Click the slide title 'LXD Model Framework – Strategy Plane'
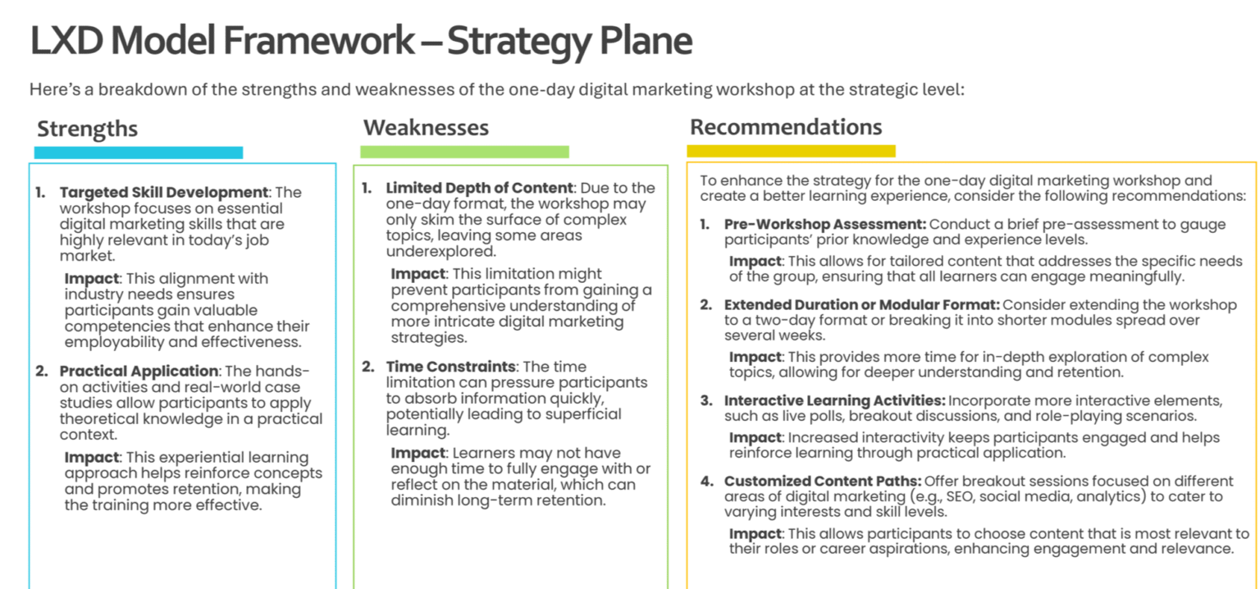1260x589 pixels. pyautogui.click(x=361, y=41)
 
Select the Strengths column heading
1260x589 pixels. pyautogui.click(x=87, y=129)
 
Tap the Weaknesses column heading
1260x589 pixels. pyautogui.click(x=426, y=128)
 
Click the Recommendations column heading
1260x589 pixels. pyautogui.click(x=786, y=127)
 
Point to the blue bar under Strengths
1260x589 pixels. pyautogui.click(x=139, y=153)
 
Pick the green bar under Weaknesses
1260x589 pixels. pyautogui.click(x=464, y=152)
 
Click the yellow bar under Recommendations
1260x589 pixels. pyautogui.click(x=791, y=151)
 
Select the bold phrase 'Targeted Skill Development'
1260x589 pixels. pyautogui.click(x=164, y=193)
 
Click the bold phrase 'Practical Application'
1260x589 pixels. pyautogui.click(x=139, y=372)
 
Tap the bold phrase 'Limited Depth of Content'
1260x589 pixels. pyautogui.click(x=479, y=188)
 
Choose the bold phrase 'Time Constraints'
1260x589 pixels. pyautogui.click(x=450, y=367)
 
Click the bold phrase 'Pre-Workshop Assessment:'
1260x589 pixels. pyautogui.click(x=825, y=224)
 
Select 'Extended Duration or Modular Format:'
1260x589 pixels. pyautogui.click(x=862, y=305)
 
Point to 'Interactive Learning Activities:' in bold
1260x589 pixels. pyautogui.click(x=835, y=400)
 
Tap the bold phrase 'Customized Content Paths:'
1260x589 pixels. pyautogui.click(x=823, y=481)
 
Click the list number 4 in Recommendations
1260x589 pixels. pyautogui.click(x=706, y=482)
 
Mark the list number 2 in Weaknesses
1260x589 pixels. pyautogui.click(x=368, y=368)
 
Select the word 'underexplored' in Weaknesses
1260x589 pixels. pyautogui.click(x=441, y=252)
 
